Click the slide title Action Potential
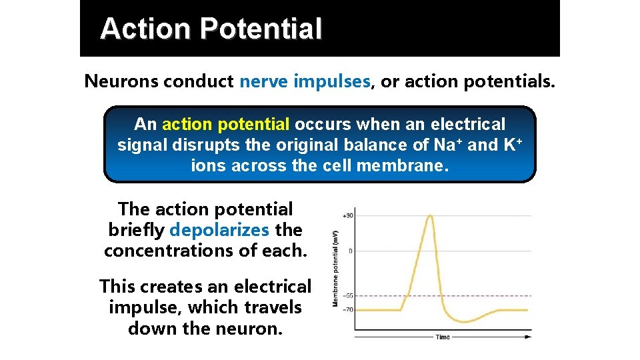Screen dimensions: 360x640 211,29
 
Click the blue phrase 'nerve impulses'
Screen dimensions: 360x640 305,81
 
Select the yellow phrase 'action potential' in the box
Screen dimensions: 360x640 225,125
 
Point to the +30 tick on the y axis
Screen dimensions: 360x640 347,215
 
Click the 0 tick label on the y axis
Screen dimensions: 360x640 351,251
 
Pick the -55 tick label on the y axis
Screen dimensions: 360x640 347,295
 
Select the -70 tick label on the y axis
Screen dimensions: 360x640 347,309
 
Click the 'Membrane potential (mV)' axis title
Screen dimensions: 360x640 335,269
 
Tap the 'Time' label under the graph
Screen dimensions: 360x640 443,337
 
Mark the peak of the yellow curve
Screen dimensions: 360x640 430,215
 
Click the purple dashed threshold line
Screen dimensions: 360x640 493,295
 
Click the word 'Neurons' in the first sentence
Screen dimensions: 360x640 121,81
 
